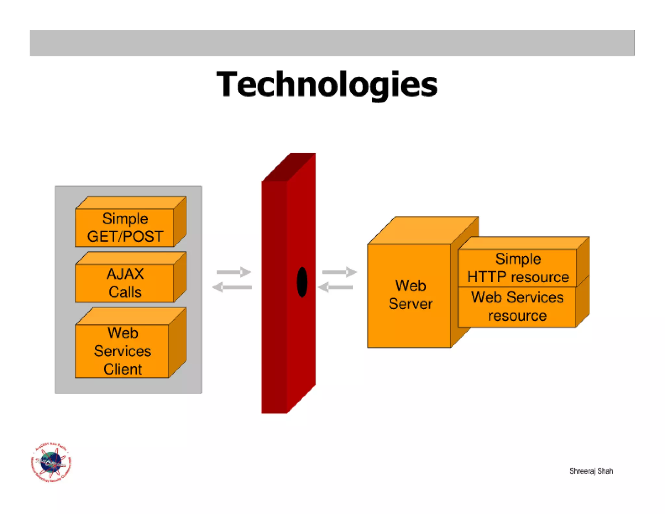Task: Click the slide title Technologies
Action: coord(327,84)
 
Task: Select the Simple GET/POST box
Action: coord(125,227)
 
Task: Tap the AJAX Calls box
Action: coord(125,283)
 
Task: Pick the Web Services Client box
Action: coord(122,351)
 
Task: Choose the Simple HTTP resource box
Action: coord(517,268)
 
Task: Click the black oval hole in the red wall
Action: coord(302,282)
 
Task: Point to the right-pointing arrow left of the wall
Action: coord(234,272)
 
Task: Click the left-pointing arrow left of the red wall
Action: coord(232,287)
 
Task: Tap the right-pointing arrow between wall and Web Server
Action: coord(339,272)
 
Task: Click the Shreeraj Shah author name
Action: coord(591,471)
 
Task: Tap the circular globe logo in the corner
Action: coord(51,462)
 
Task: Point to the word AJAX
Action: coord(125,274)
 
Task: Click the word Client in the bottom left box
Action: coord(123,369)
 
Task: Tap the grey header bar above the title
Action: coord(332,43)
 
